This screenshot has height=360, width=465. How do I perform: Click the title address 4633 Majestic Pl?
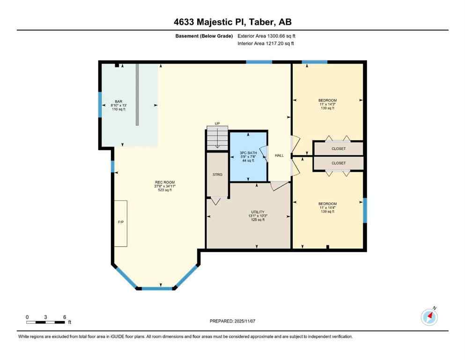click(232, 22)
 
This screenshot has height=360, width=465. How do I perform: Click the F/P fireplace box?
click(120, 223)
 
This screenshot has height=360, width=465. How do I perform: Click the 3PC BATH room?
click(248, 157)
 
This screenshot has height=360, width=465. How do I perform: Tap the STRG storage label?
click(217, 174)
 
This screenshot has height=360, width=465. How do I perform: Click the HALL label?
click(279, 156)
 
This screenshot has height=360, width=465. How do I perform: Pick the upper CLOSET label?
click(339, 149)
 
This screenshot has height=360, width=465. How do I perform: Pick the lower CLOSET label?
click(339, 163)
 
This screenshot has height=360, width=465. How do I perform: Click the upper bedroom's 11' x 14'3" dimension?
click(327, 105)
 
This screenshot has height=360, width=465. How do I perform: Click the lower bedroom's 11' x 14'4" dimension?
click(327, 208)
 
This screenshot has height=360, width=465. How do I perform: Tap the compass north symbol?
click(429, 317)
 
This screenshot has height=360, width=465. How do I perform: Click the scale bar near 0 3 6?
click(45, 322)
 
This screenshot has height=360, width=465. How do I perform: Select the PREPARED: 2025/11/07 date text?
click(232, 321)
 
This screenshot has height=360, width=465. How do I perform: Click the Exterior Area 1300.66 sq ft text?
click(267, 36)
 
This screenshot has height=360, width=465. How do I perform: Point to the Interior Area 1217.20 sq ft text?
click(267, 44)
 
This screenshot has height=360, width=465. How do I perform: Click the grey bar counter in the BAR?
click(137, 94)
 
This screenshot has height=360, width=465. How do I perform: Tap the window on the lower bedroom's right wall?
click(365, 210)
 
